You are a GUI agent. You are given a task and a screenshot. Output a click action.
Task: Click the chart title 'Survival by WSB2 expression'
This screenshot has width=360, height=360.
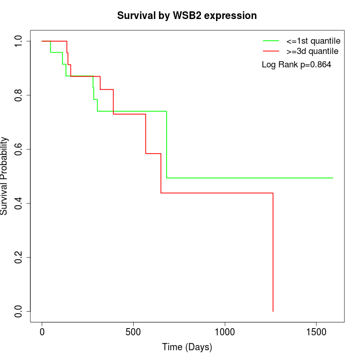pyautogui.click(x=187, y=15)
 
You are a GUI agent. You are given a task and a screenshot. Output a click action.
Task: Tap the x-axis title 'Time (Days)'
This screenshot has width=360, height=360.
pyautogui.click(x=187, y=347)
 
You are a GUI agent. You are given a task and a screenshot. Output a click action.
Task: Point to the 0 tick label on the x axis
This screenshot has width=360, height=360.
pyautogui.click(x=42, y=332)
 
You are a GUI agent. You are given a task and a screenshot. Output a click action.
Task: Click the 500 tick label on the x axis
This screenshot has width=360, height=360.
pyautogui.click(x=133, y=332)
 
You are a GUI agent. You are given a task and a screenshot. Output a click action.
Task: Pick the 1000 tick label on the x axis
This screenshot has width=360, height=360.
pyautogui.click(x=225, y=332)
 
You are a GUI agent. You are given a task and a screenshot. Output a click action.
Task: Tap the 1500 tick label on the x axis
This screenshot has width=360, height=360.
pyautogui.click(x=316, y=332)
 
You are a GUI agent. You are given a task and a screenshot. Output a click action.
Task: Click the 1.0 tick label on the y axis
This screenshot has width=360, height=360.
pyautogui.click(x=19, y=41)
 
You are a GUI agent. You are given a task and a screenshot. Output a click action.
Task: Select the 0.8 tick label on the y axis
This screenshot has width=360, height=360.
pyautogui.click(x=19, y=95)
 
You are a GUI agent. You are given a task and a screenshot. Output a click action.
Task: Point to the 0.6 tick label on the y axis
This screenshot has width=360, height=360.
pyautogui.click(x=19, y=149)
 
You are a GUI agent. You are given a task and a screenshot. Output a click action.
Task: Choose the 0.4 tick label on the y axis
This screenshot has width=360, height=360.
pyautogui.click(x=19, y=203)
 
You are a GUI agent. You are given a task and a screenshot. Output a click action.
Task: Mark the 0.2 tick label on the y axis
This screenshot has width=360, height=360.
pyautogui.click(x=19, y=257)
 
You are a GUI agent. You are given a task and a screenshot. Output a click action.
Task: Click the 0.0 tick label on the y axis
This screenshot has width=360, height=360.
pyautogui.click(x=19, y=311)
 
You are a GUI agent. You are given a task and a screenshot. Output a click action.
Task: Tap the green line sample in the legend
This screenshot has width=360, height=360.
pyautogui.click(x=271, y=41)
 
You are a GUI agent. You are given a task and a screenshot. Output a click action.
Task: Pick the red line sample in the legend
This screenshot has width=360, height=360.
pyautogui.click(x=271, y=51)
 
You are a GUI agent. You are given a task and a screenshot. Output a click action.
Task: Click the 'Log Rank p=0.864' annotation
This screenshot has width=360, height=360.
pyautogui.click(x=296, y=65)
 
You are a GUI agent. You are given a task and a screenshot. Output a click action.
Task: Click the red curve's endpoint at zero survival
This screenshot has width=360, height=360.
pyautogui.click(x=273, y=311)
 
